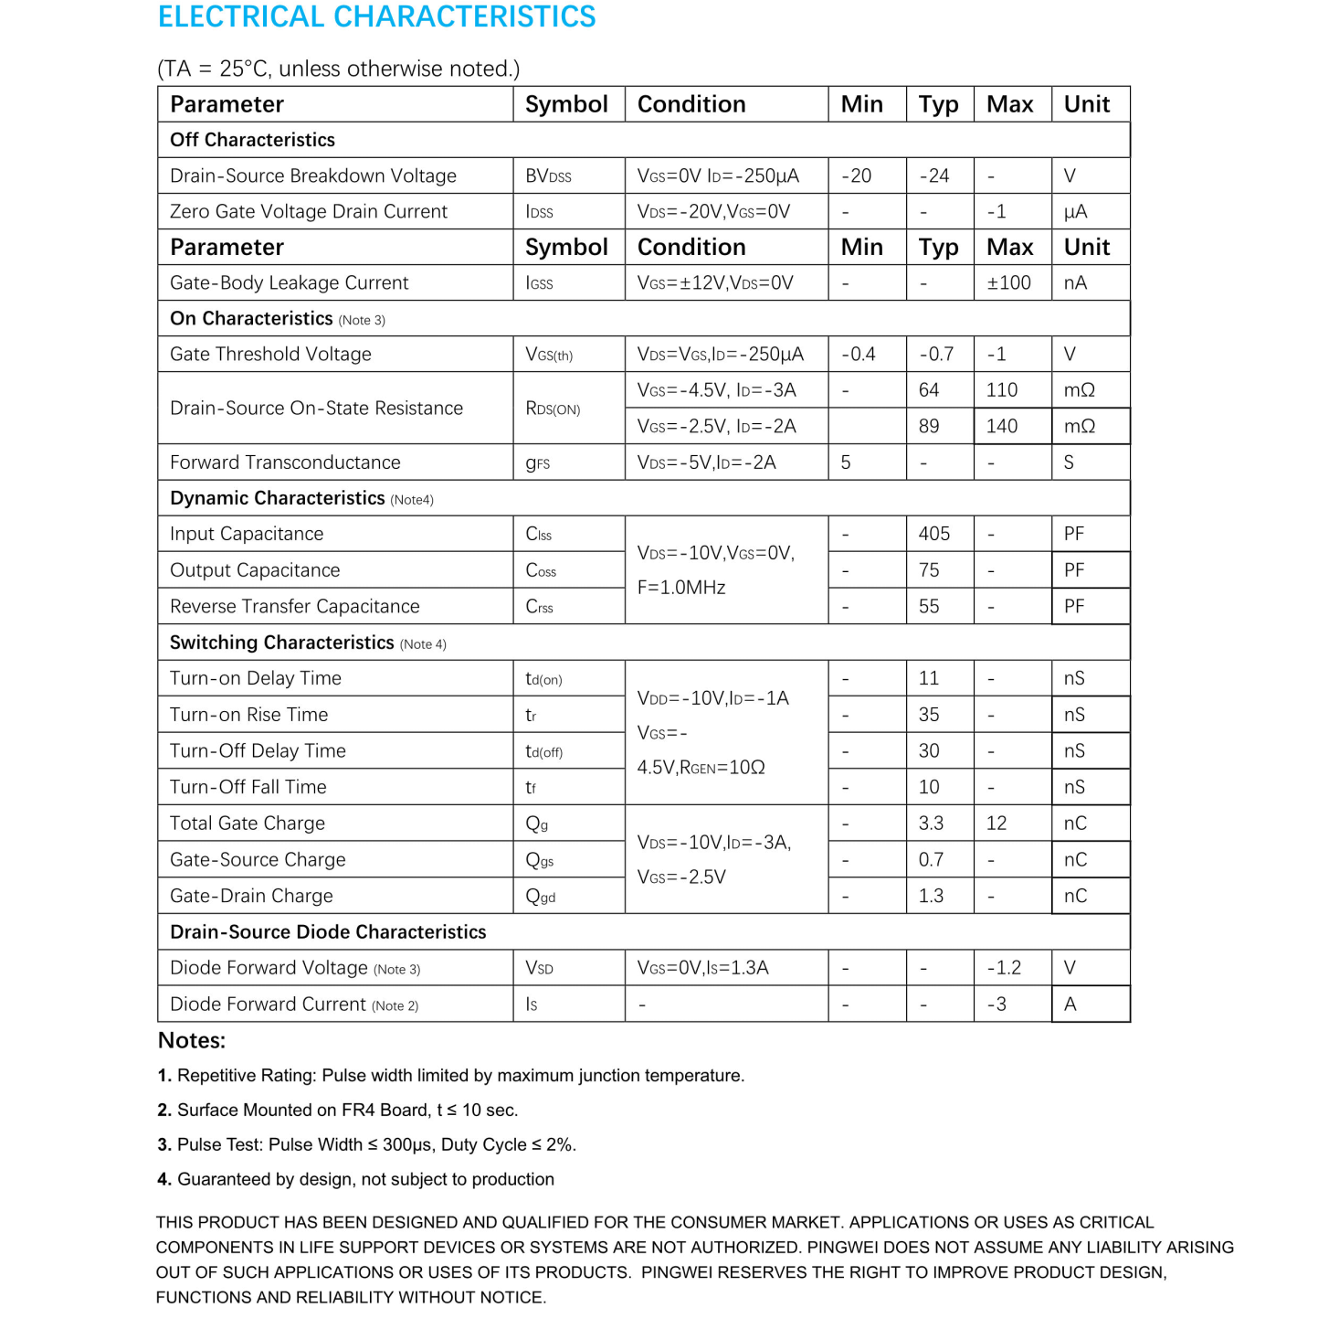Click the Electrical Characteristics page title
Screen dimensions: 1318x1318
pyautogui.click(x=376, y=17)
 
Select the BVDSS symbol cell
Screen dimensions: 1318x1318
pyautogui.click(x=548, y=176)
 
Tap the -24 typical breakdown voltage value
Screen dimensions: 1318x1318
pyautogui.click(x=933, y=176)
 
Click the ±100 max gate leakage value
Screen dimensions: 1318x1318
pyautogui.click(x=1008, y=283)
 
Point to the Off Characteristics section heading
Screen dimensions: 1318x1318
pyautogui.click(x=252, y=140)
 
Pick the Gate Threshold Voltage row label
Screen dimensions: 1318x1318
pyautogui.click(x=270, y=355)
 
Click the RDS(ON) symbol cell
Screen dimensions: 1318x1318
pyautogui.click(x=553, y=409)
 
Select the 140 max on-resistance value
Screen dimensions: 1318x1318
pyautogui.click(x=1001, y=427)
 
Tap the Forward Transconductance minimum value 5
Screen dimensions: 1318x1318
pyautogui.click(x=846, y=462)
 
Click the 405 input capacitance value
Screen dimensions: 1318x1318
pyautogui.click(x=933, y=534)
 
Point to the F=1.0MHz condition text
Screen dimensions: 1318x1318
pyautogui.click(x=681, y=588)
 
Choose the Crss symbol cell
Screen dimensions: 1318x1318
pyautogui.click(x=539, y=607)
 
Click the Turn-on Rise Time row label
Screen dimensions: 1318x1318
pyautogui.click(x=248, y=715)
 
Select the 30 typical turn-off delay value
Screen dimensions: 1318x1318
pyautogui.click(x=929, y=751)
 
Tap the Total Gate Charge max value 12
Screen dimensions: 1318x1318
pyautogui.click(x=996, y=824)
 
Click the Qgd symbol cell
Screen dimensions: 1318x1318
pyautogui.click(x=541, y=897)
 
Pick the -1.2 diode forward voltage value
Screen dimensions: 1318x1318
pyautogui.click(x=1004, y=968)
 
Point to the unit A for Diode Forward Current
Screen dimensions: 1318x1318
pyautogui.click(x=1070, y=1004)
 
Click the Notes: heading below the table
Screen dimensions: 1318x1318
pyautogui.click(x=192, y=1041)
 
